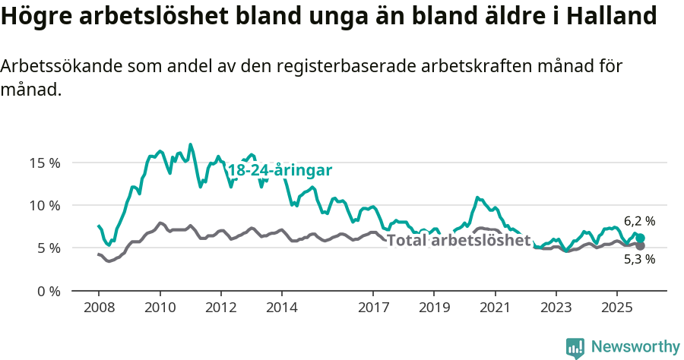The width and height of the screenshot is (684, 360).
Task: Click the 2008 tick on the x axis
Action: [99, 308]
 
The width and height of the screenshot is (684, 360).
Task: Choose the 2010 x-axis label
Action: [160, 308]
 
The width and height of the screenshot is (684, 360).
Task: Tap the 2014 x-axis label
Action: [281, 308]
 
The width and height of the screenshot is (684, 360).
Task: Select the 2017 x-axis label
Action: [372, 308]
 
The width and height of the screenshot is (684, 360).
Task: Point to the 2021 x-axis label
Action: [495, 308]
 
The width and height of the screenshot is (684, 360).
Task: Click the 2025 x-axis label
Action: [616, 308]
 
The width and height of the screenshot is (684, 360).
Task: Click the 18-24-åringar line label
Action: [280, 171]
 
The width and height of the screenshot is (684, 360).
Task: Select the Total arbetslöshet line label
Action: [458, 240]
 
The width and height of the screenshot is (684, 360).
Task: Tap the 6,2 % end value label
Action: [639, 221]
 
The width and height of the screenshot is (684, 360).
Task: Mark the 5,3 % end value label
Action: [639, 259]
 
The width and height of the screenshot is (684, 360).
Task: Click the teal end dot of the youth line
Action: [641, 238]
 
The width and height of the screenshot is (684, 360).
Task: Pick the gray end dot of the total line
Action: [641, 246]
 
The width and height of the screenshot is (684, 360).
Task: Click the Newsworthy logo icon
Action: [575, 347]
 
